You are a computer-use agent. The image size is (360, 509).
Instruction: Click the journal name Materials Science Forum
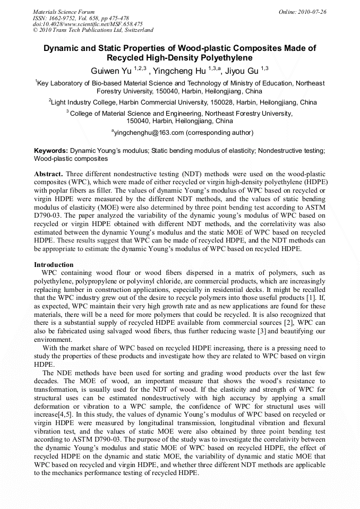tap(64, 12)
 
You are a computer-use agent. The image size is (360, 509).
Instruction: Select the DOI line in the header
tap(88, 24)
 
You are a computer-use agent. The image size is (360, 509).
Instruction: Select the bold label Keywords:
tap(51, 151)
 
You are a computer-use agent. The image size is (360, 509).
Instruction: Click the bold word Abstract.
tap(49, 174)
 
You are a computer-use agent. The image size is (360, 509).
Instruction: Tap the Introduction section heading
tap(54, 264)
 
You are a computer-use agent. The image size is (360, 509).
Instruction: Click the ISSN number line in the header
tap(81, 18)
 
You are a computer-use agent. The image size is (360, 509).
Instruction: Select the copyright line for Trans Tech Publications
tap(93, 30)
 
